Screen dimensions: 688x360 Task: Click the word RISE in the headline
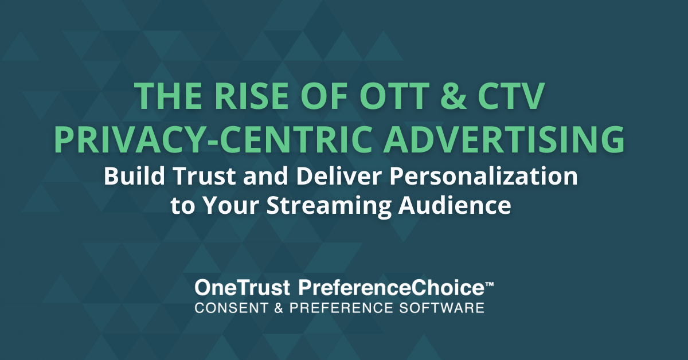(252, 96)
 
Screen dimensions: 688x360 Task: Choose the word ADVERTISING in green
(504, 139)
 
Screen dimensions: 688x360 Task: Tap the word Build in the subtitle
(135, 176)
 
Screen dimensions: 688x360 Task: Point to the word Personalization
(483, 176)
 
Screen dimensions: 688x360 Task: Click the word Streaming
(329, 206)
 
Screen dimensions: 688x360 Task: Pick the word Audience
(455, 205)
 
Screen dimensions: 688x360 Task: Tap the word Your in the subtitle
(231, 205)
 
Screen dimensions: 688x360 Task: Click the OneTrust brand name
(243, 288)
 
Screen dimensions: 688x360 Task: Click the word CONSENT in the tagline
(231, 308)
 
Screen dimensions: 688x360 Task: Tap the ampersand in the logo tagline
(279, 308)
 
